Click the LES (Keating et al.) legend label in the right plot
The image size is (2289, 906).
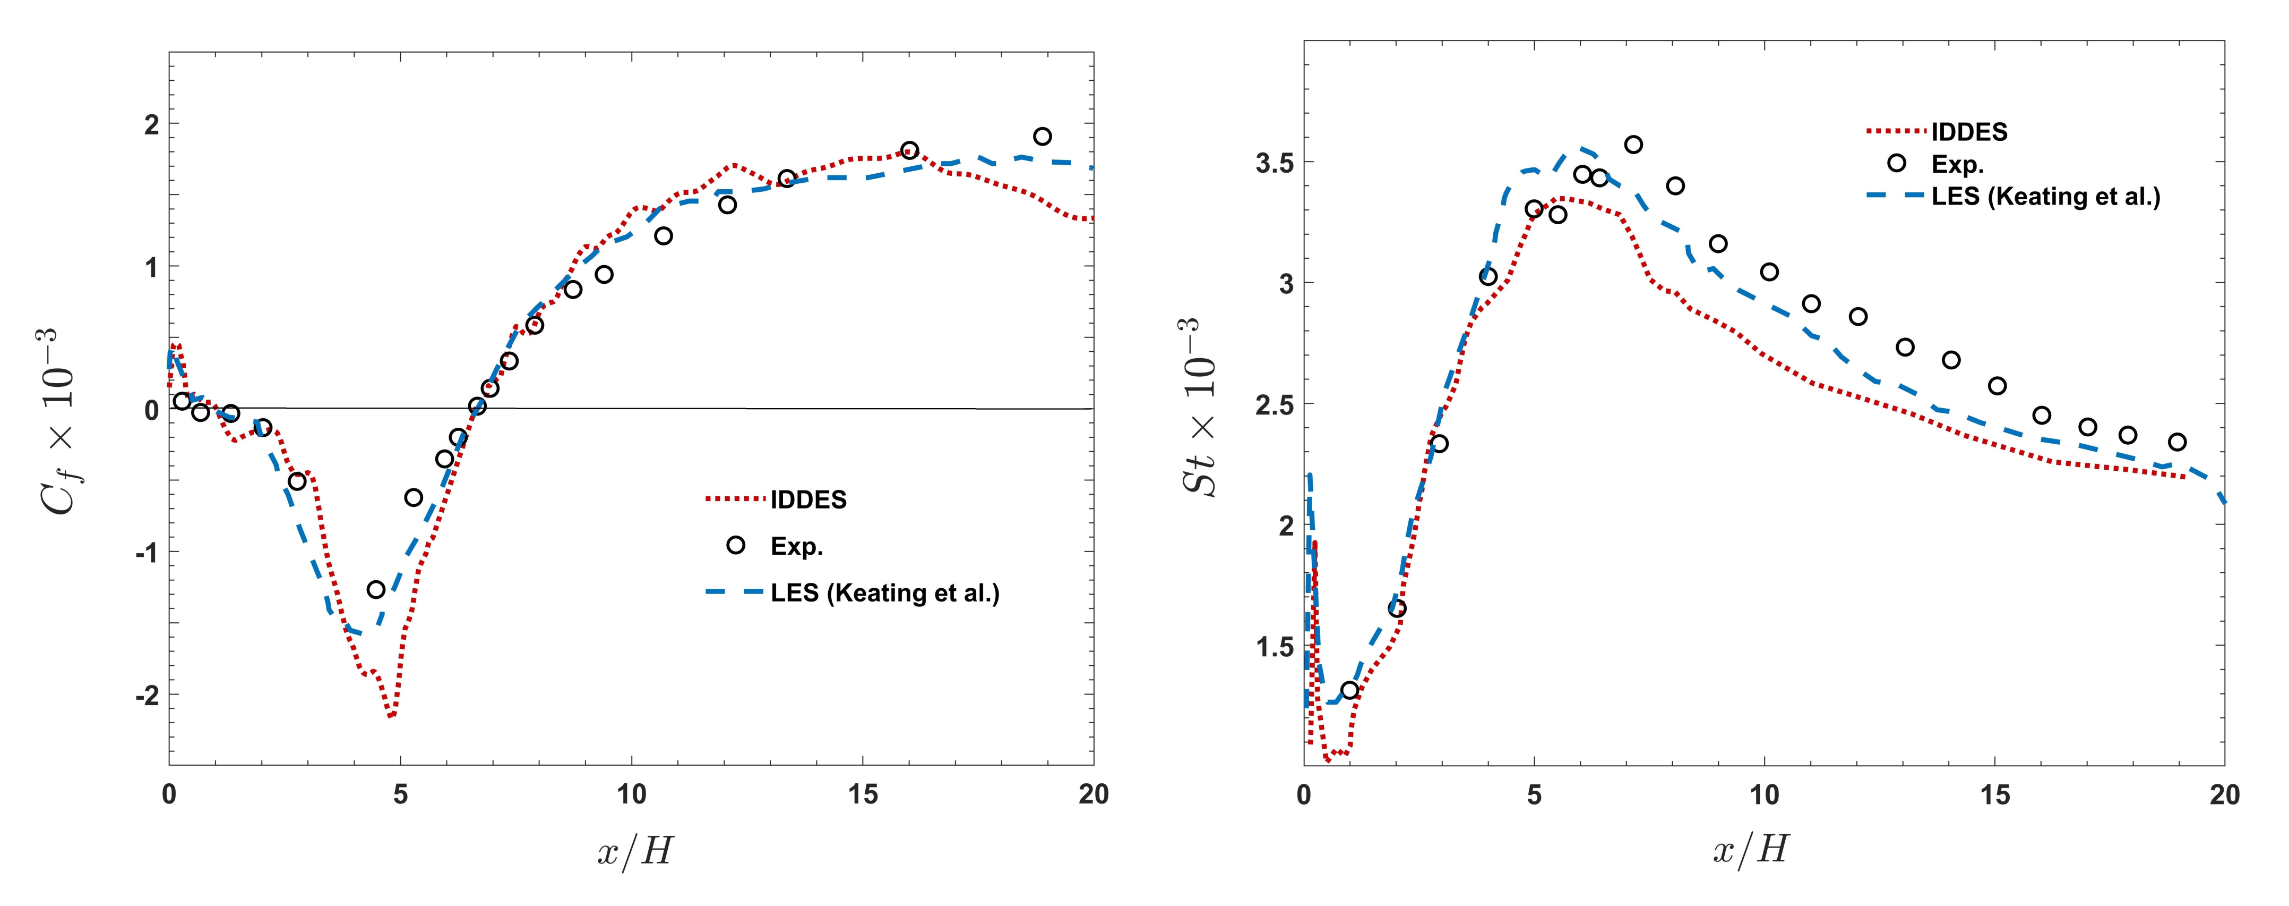coord(2045,197)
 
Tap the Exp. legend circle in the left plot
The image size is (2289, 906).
coord(736,545)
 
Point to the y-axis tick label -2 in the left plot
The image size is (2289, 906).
coord(147,695)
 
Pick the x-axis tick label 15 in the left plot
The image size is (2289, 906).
coord(862,794)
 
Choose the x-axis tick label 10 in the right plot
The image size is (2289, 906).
coord(1764,794)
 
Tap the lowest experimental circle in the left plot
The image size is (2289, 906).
coord(376,589)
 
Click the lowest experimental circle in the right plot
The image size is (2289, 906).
coord(1350,690)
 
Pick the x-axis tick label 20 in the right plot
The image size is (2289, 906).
coord(2224,794)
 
